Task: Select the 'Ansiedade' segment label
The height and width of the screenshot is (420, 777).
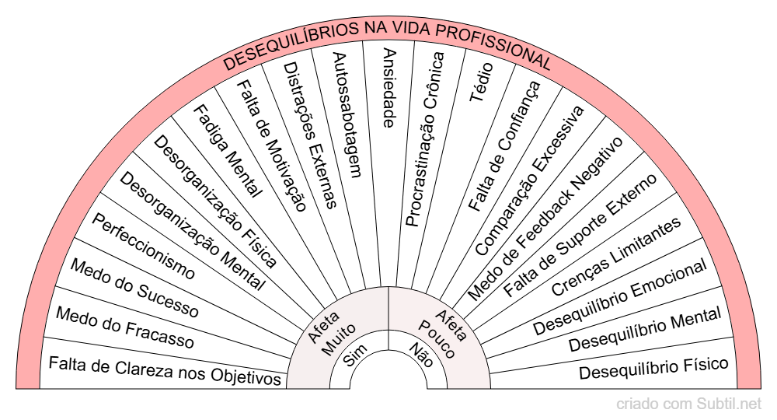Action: click(x=389, y=87)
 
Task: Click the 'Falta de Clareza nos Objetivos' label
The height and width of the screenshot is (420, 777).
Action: click(x=164, y=370)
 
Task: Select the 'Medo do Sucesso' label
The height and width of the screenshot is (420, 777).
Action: click(x=134, y=289)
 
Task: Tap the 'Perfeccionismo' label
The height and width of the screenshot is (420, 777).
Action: click(x=144, y=246)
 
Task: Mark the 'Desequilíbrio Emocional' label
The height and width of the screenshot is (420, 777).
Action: click(x=620, y=298)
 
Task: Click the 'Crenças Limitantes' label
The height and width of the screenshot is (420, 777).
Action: click(x=616, y=256)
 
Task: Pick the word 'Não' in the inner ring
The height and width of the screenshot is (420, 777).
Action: click(x=422, y=356)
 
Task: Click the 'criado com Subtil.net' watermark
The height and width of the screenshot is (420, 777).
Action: click(x=688, y=404)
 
